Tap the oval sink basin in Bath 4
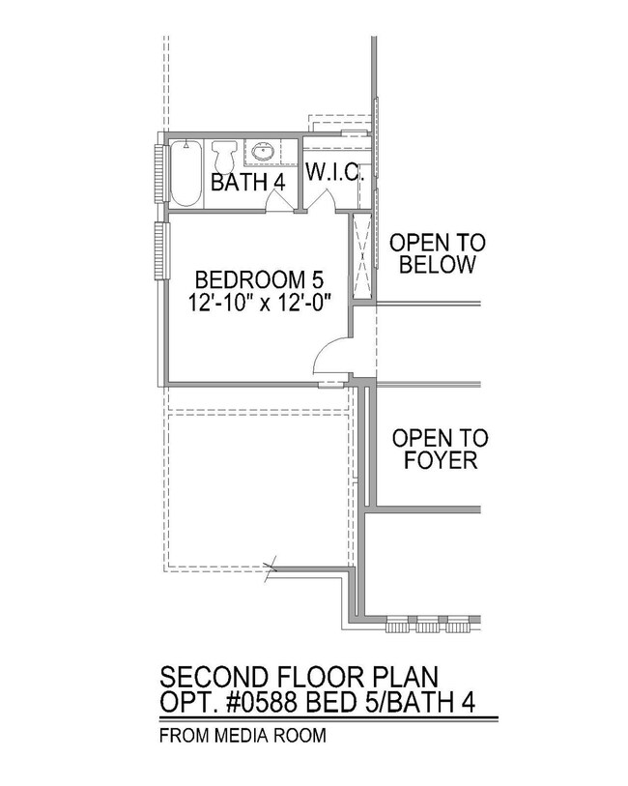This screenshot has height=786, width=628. [262, 151]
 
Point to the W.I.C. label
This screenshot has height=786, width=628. [333, 175]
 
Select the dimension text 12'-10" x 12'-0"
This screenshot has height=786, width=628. [260, 302]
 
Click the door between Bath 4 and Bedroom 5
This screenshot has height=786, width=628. [277, 201]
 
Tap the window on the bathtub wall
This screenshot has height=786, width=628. [160, 174]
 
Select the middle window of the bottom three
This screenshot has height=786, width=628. [426, 625]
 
